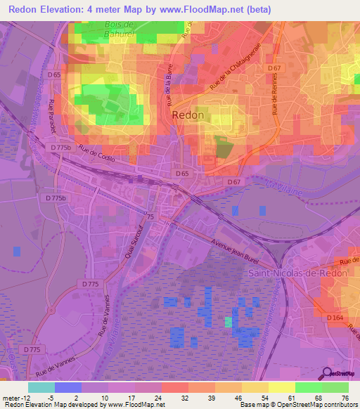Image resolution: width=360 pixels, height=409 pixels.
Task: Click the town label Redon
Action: point(188,115)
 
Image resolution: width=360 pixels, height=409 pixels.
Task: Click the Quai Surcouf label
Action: point(133,245)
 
